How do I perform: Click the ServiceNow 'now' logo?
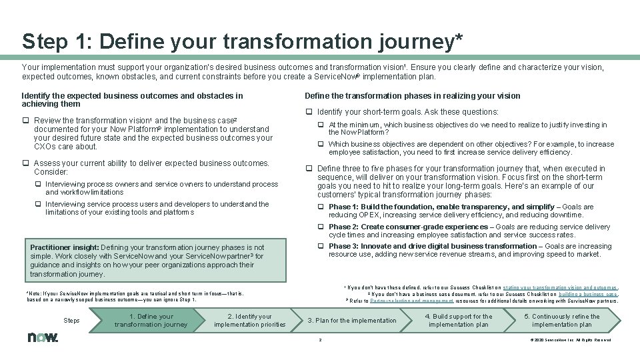(43, 337)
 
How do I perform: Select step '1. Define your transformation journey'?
(151, 321)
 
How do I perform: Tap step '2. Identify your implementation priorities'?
(250, 321)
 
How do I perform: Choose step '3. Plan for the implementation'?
(352, 321)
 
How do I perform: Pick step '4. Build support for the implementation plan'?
(459, 321)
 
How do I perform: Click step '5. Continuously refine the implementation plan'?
(561, 321)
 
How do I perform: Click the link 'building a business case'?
(588, 294)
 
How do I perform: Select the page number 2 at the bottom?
(320, 340)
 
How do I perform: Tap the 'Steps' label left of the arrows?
(71, 321)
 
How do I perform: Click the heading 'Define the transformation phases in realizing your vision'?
(412, 95)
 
